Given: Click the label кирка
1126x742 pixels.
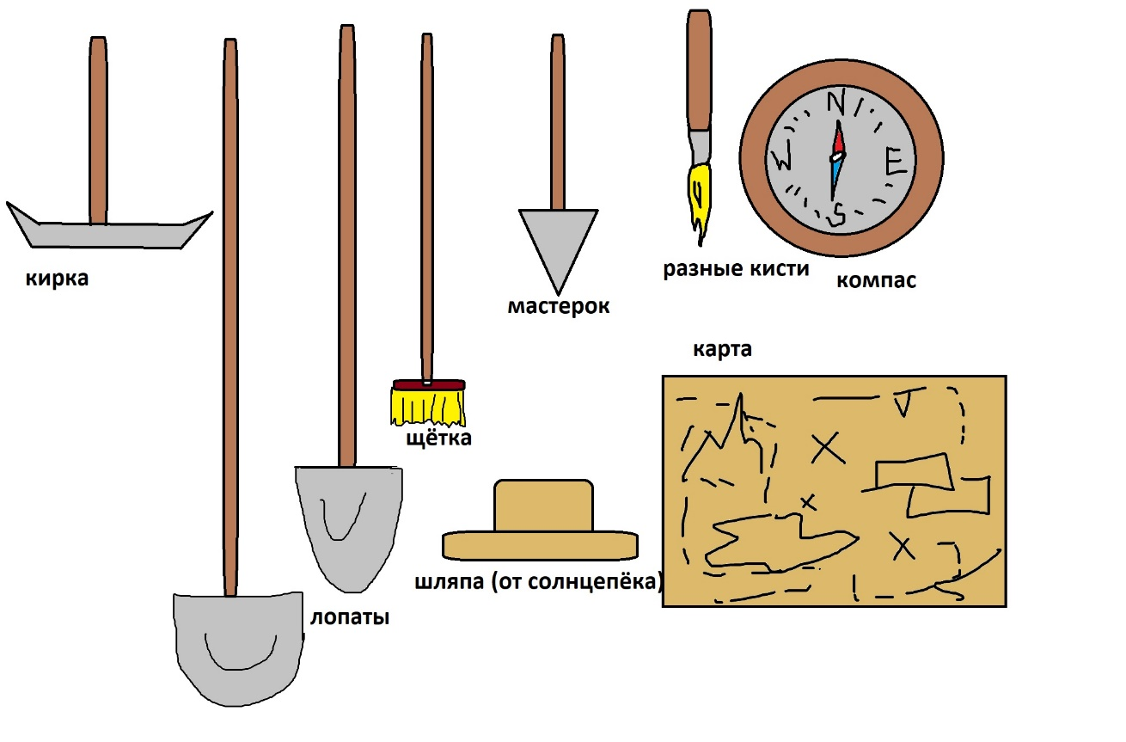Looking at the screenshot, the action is [58, 278].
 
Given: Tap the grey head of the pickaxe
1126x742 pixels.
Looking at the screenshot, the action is [108, 233].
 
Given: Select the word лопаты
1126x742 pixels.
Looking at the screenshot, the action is [350, 617].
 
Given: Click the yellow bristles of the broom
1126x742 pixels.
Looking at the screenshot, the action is [428, 408].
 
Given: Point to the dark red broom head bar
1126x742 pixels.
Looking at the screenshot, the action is [429, 384].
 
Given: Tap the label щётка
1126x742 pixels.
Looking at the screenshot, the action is [439, 438].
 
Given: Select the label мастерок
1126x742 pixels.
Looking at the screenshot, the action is [559, 306].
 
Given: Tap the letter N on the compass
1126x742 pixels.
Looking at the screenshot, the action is [836, 103].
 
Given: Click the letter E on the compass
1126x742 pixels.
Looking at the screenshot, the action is [896, 161].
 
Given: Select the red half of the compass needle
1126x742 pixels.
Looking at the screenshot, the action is [838, 138].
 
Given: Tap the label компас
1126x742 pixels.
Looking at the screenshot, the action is [876, 280].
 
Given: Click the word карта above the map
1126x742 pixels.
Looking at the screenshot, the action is [722, 349].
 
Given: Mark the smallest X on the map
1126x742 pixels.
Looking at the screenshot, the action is [808, 502].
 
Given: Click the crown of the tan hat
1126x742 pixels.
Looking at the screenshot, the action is [543, 506].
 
